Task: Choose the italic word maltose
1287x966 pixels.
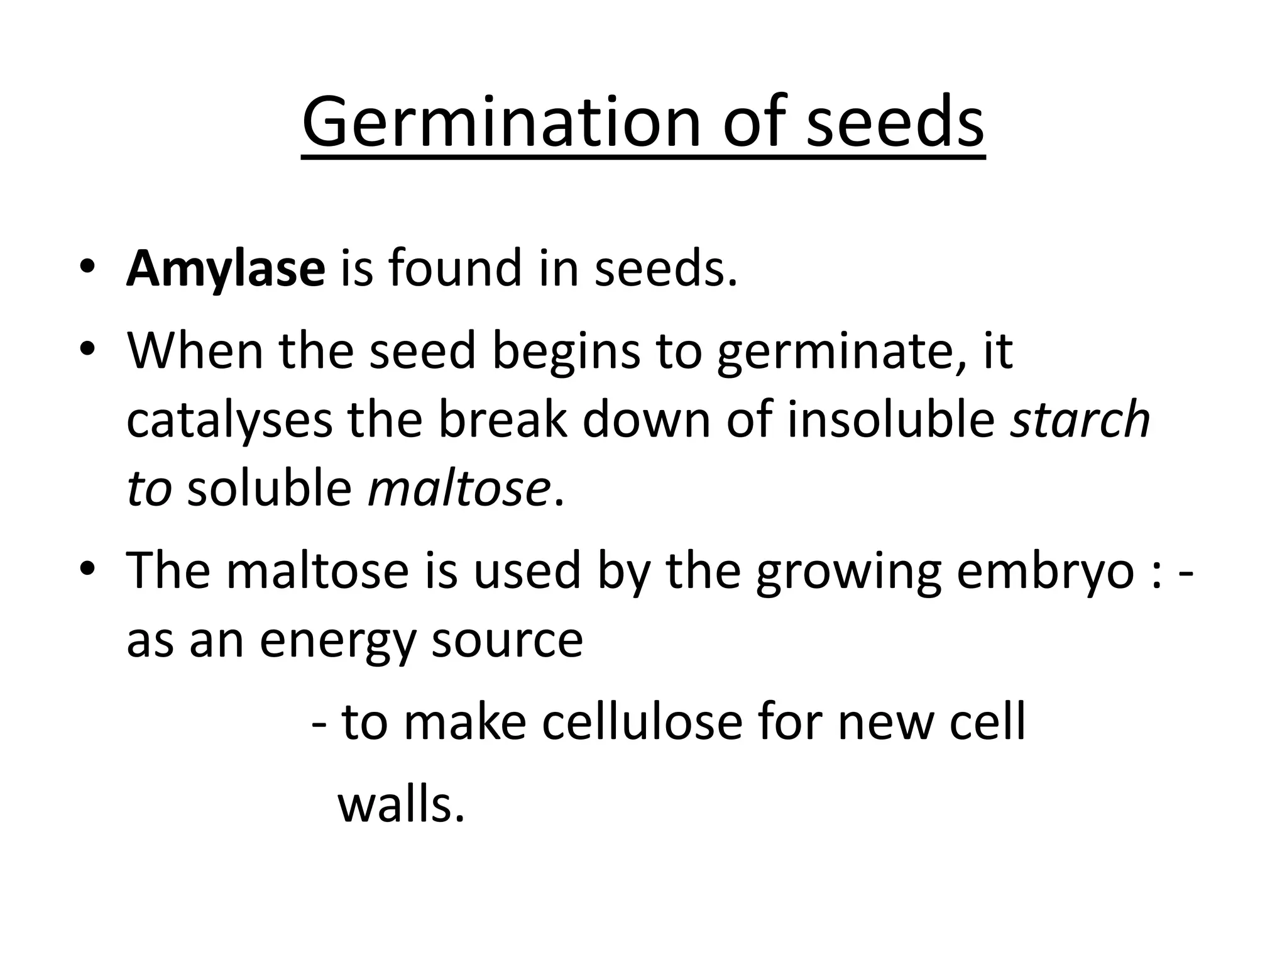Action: (459, 489)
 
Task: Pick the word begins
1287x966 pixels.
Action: (566, 351)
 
